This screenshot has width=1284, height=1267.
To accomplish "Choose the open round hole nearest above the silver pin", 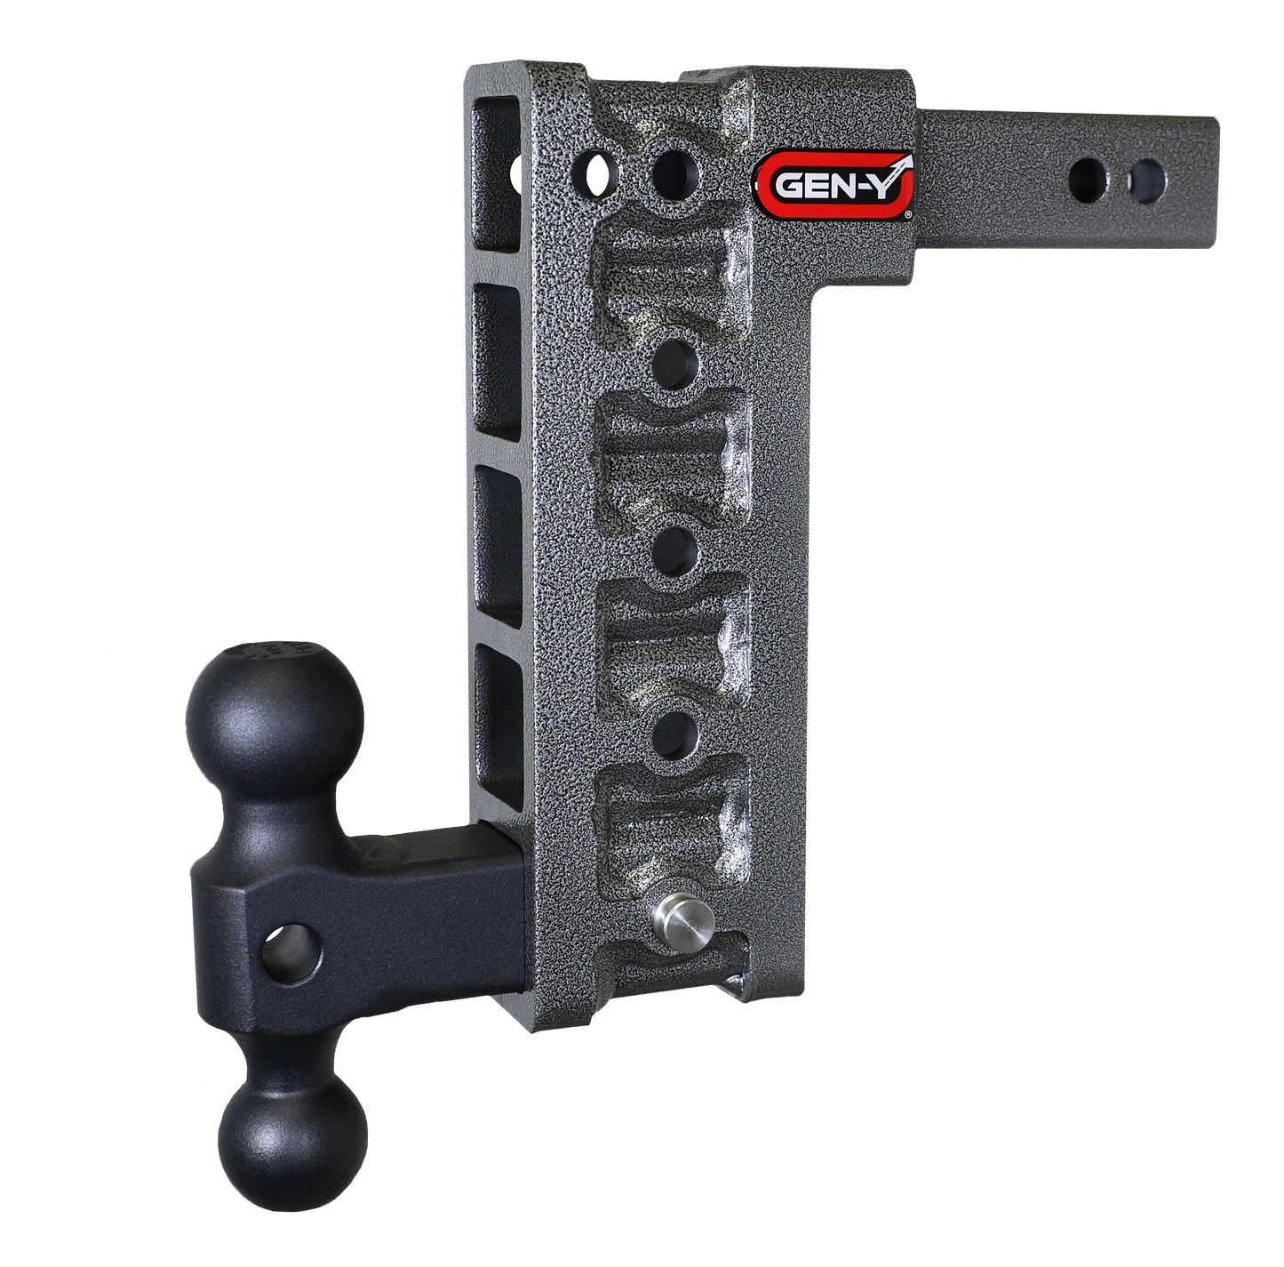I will coord(678,733).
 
